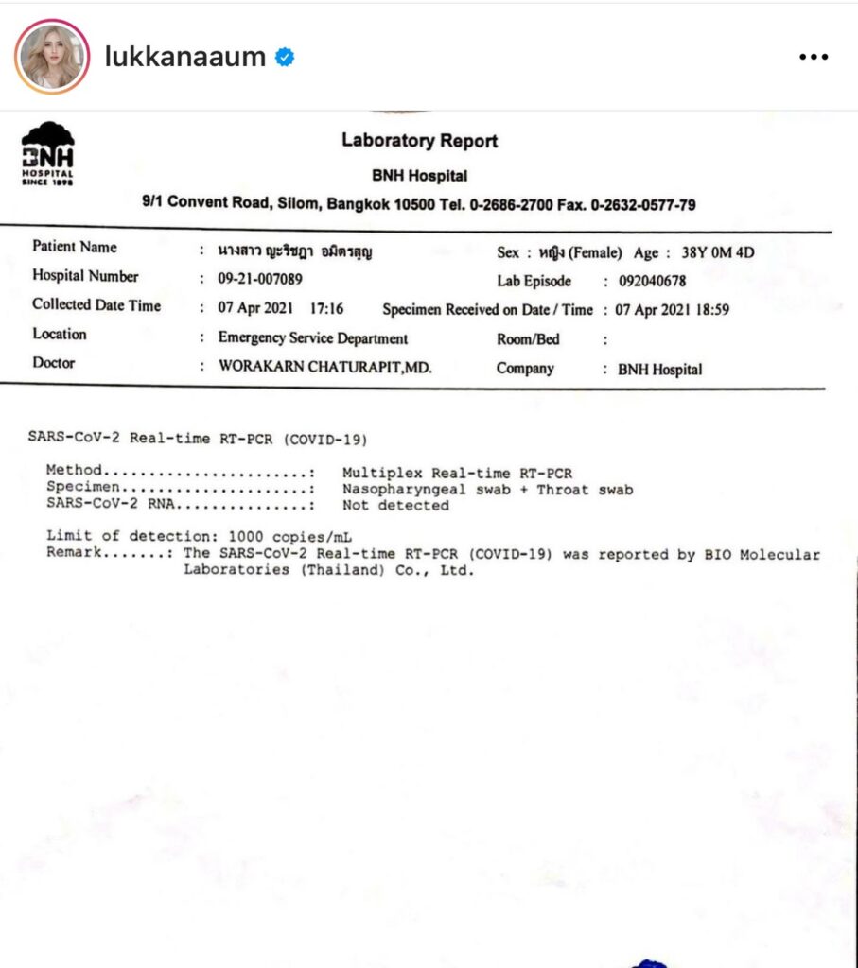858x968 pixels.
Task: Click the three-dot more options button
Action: click(813, 57)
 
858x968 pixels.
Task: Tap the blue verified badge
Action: click(284, 58)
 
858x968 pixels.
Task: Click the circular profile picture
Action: click(51, 57)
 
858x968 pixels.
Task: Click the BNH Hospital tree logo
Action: click(47, 152)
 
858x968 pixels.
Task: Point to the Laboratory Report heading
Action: click(419, 141)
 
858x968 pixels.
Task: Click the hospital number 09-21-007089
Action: click(261, 279)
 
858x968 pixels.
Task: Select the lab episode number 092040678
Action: click(652, 281)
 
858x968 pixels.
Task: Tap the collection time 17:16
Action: click(326, 308)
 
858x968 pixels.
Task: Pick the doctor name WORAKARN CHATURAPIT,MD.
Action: click(324, 367)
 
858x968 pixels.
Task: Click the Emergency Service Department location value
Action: click(313, 338)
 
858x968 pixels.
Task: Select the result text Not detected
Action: click(395, 505)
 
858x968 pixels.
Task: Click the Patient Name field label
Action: click(75, 247)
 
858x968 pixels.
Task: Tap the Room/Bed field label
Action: click(528, 339)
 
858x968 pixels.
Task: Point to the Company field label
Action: click(525, 369)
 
